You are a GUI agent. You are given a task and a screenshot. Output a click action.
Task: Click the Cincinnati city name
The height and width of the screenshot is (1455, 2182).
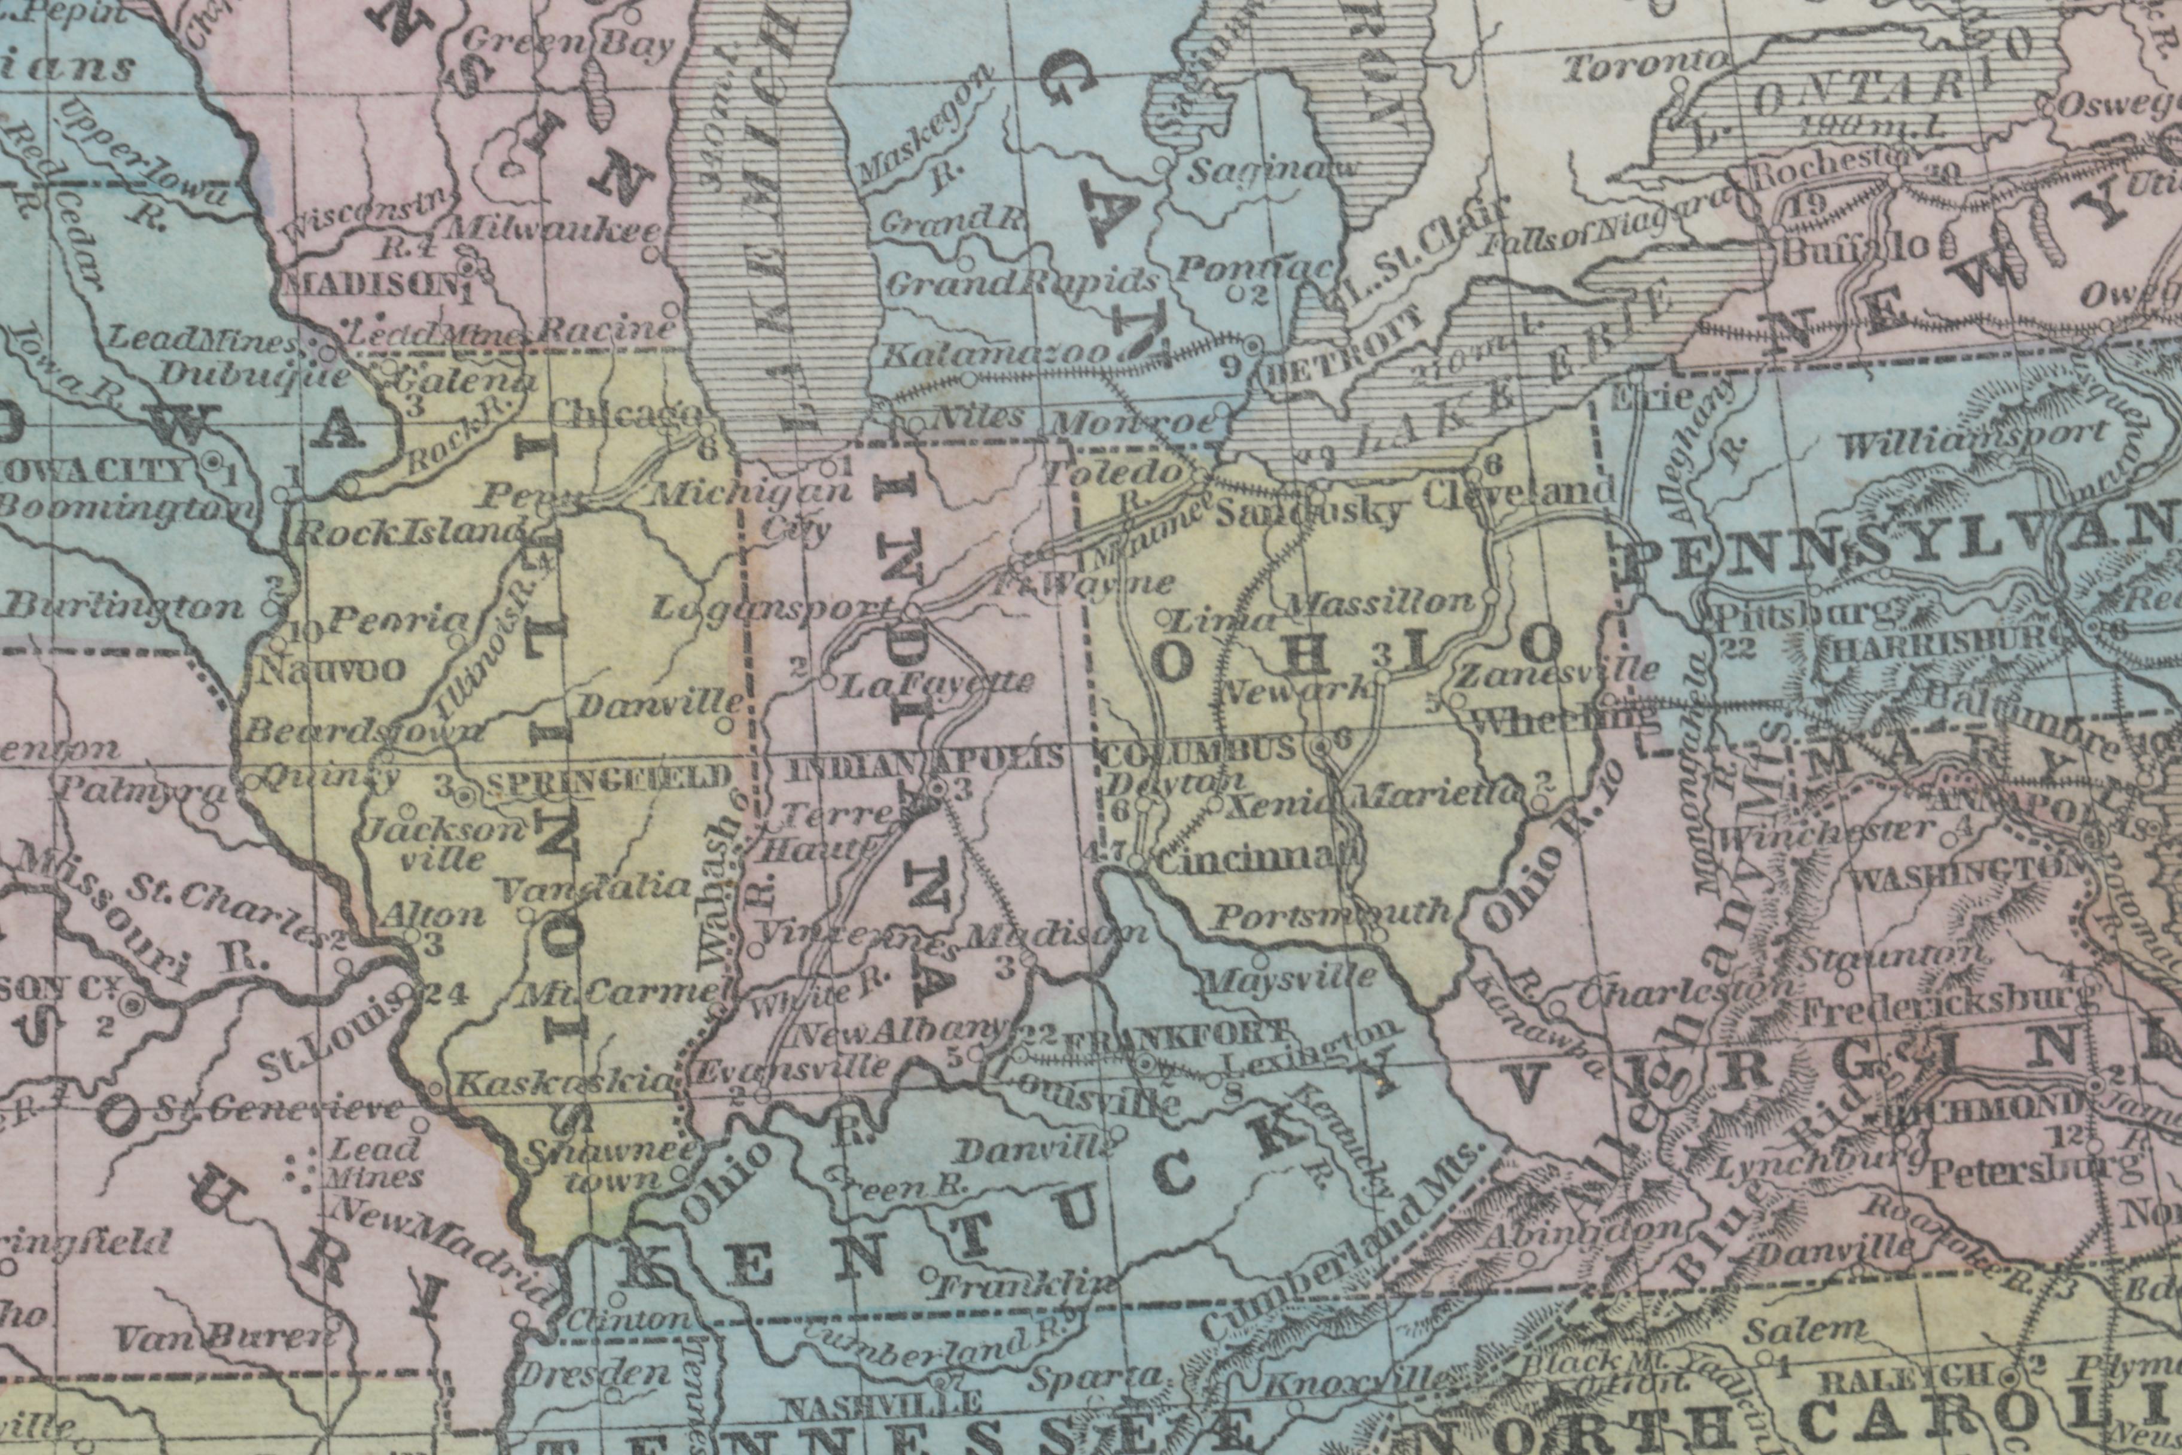pyautogui.click(x=1248, y=860)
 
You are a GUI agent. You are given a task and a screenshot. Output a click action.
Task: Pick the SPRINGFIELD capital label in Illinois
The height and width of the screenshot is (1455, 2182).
pyautogui.click(x=608, y=780)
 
